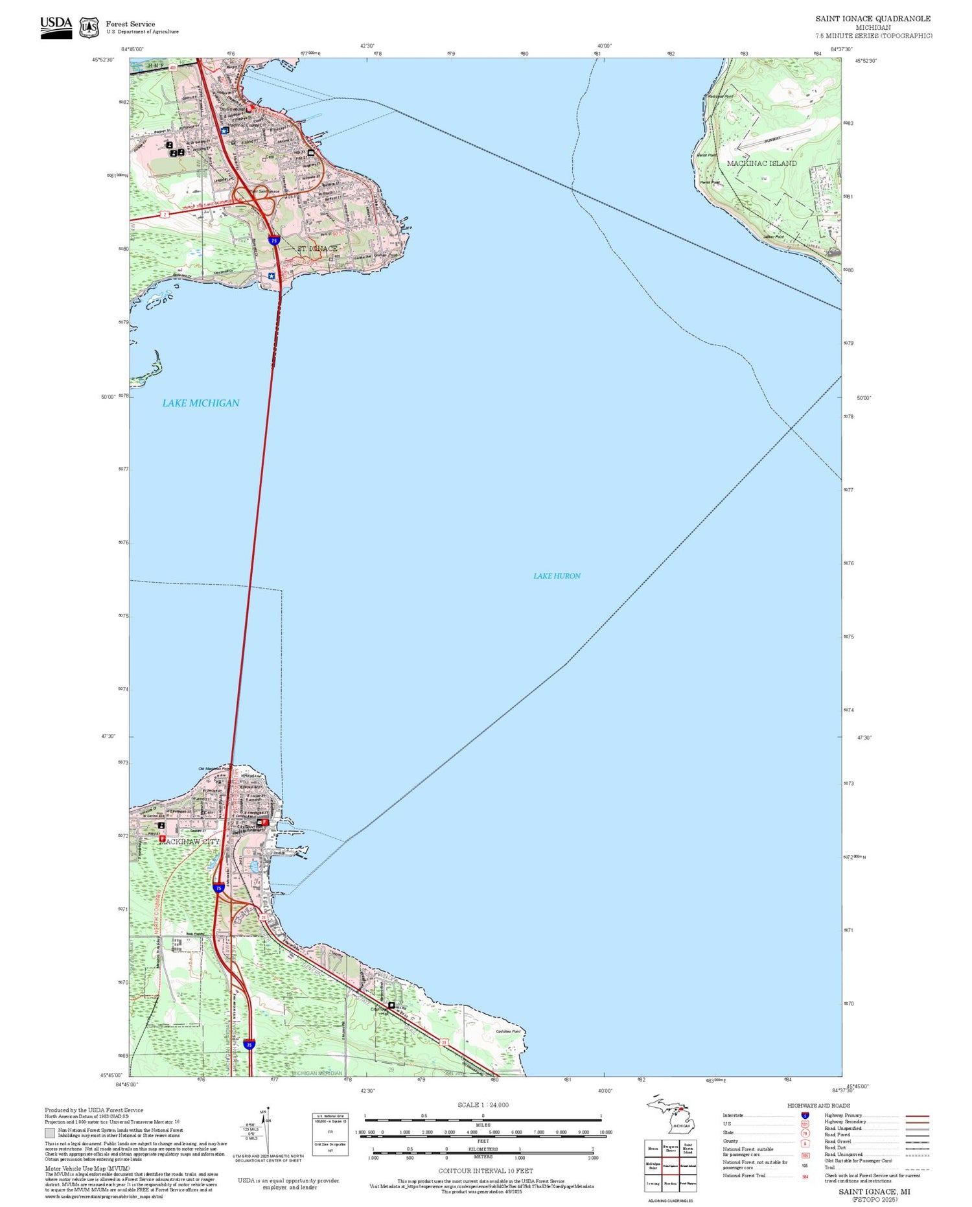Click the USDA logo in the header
(56, 27)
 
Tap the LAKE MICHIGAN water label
(200, 403)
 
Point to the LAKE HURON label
(557, 576)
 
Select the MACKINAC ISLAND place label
(761, 163)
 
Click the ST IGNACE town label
(317, 248)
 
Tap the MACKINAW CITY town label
(189, 841)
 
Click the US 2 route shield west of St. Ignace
(165, 214)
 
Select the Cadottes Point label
(508, 1031)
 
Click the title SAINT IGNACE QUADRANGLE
(873, 18)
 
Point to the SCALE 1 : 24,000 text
(483, 1105)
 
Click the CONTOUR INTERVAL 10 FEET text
(485, 1171)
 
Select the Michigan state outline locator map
(670, 1115)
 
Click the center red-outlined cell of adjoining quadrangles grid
(670, 1166)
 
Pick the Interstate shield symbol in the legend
(805, 1116)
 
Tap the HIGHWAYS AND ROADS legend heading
(818, 1105)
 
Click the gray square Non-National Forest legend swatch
(50, 1133)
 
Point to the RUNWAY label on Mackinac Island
(772, 140)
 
